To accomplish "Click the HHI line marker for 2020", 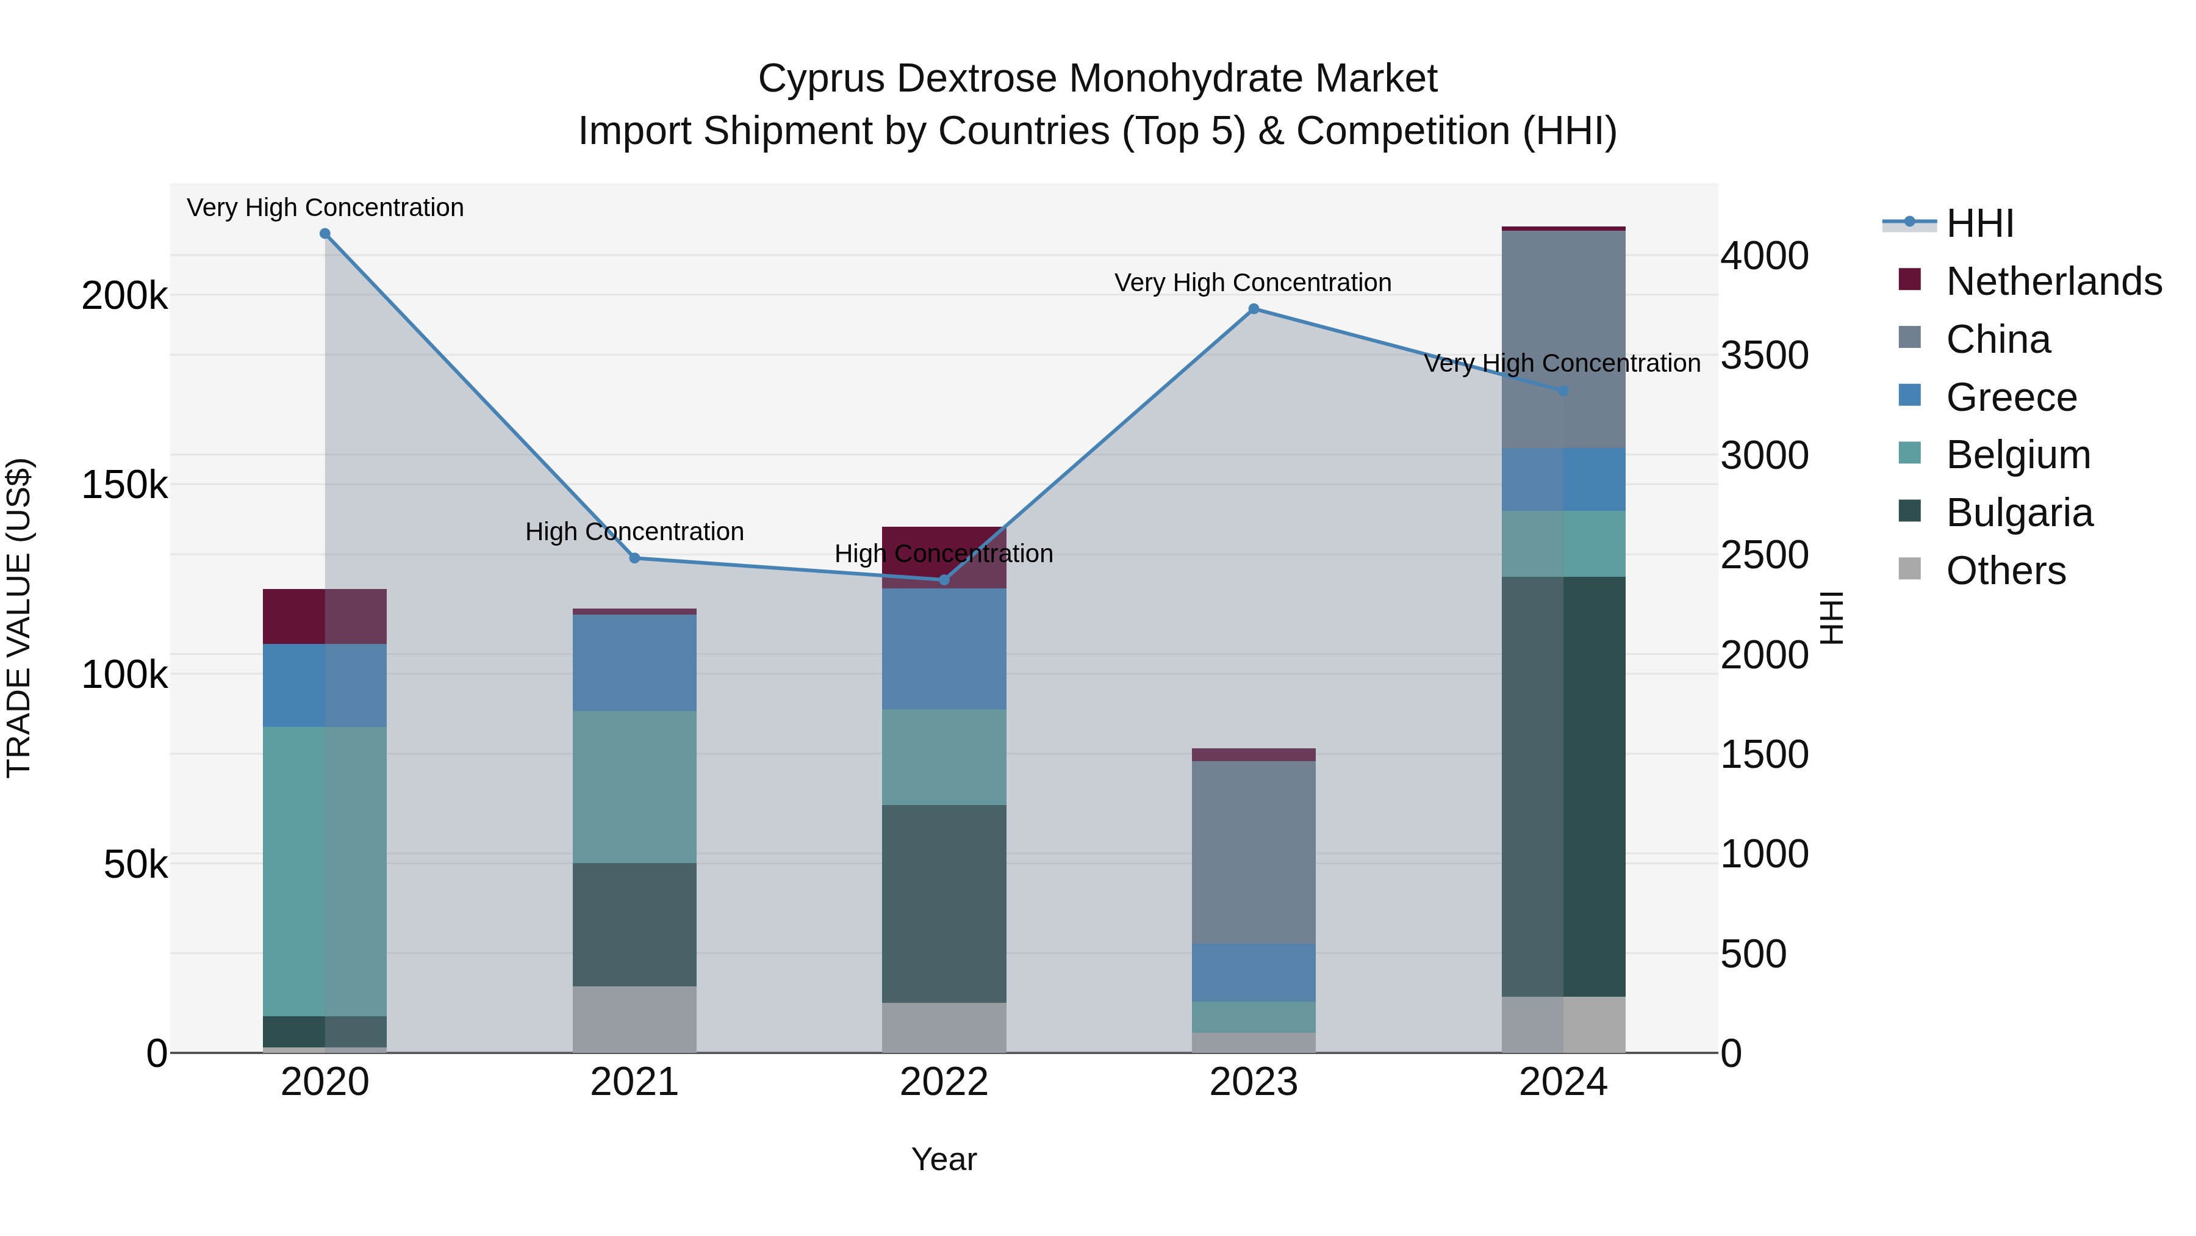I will (325, 234).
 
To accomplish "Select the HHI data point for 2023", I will (1253, 309).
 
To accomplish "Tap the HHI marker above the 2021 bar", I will (634, 558).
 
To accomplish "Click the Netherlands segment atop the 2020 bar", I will (325, 616).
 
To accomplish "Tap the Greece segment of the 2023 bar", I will (1253, 972).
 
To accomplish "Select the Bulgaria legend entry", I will (2018, 513).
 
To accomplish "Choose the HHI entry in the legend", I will (1979, 223).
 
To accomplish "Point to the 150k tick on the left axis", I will (124, 485).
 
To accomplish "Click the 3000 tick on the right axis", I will (1764, 455).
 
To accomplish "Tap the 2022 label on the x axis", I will (944, 1082).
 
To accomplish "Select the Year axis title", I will (944, 1159).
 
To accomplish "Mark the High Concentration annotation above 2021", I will (634, 532).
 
